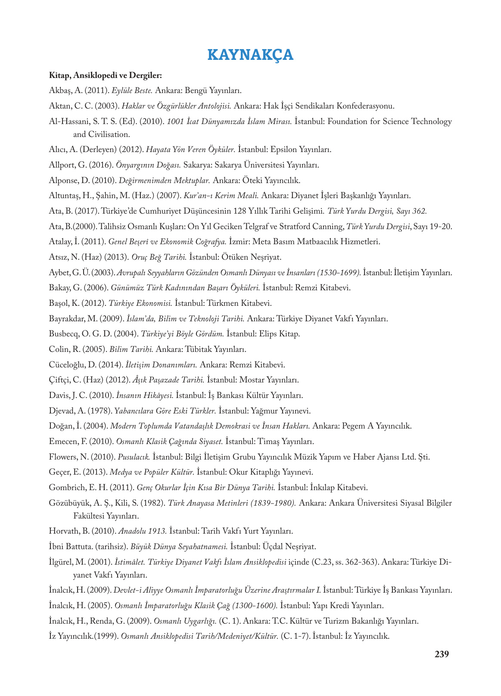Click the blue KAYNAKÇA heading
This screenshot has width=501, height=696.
point(250,55)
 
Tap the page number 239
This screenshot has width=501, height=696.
point(442,654)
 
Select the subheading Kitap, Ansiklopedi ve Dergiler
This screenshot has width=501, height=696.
point(106,75)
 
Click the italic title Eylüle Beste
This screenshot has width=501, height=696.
point(132,90)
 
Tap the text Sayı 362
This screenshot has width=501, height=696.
point(411,211)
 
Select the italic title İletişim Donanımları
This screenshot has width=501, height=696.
point(161,365)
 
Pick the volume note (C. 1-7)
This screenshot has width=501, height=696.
point(295,636)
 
